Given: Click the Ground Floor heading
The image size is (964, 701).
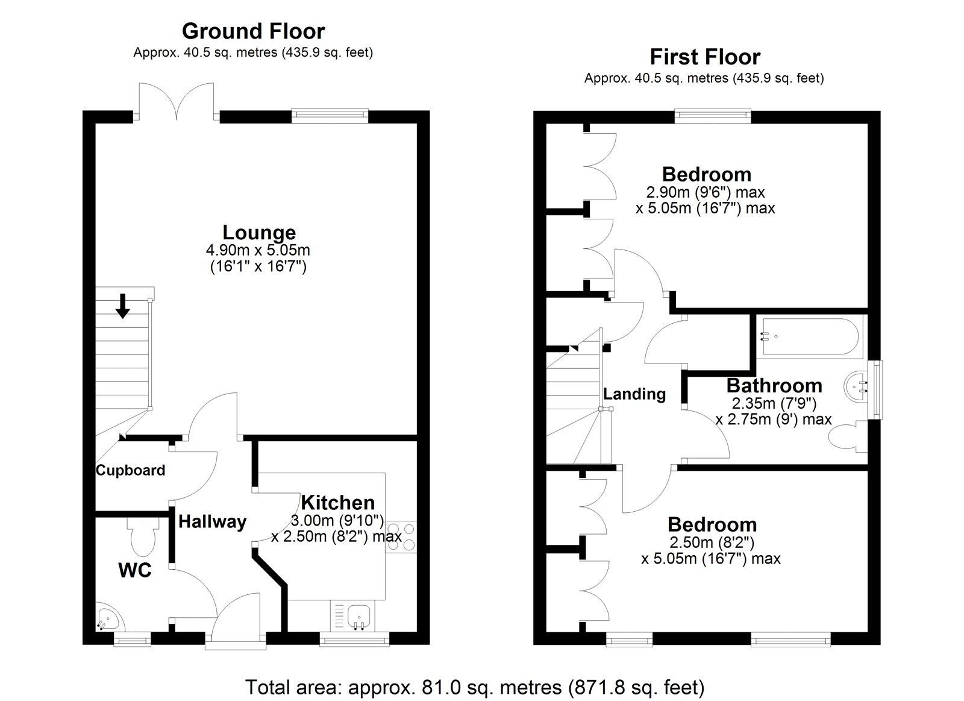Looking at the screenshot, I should coord(253,31).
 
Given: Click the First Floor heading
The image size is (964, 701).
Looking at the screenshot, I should coord(704,57).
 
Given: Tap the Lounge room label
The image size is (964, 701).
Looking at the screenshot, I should coord(259,232).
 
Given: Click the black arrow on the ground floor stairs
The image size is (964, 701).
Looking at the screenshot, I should coord(123,305).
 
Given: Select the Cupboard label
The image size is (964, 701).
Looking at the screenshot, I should coord(130,470).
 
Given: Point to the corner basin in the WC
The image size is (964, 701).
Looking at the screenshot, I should coord(107,618).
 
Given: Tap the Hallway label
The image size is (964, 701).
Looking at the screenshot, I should coord(212,521).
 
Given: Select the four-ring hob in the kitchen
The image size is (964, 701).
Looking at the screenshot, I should coord(401,536).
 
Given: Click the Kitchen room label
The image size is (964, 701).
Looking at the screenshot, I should coord(337,502).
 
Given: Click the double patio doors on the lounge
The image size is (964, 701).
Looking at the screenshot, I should coord(176,101).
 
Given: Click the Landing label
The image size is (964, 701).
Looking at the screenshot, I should coord(634,394).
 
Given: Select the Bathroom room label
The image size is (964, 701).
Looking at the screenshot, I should coord(774,385).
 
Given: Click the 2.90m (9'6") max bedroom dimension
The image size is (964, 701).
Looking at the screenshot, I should coord(705,192).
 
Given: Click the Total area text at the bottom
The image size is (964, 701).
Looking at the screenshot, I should coord(475,687).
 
